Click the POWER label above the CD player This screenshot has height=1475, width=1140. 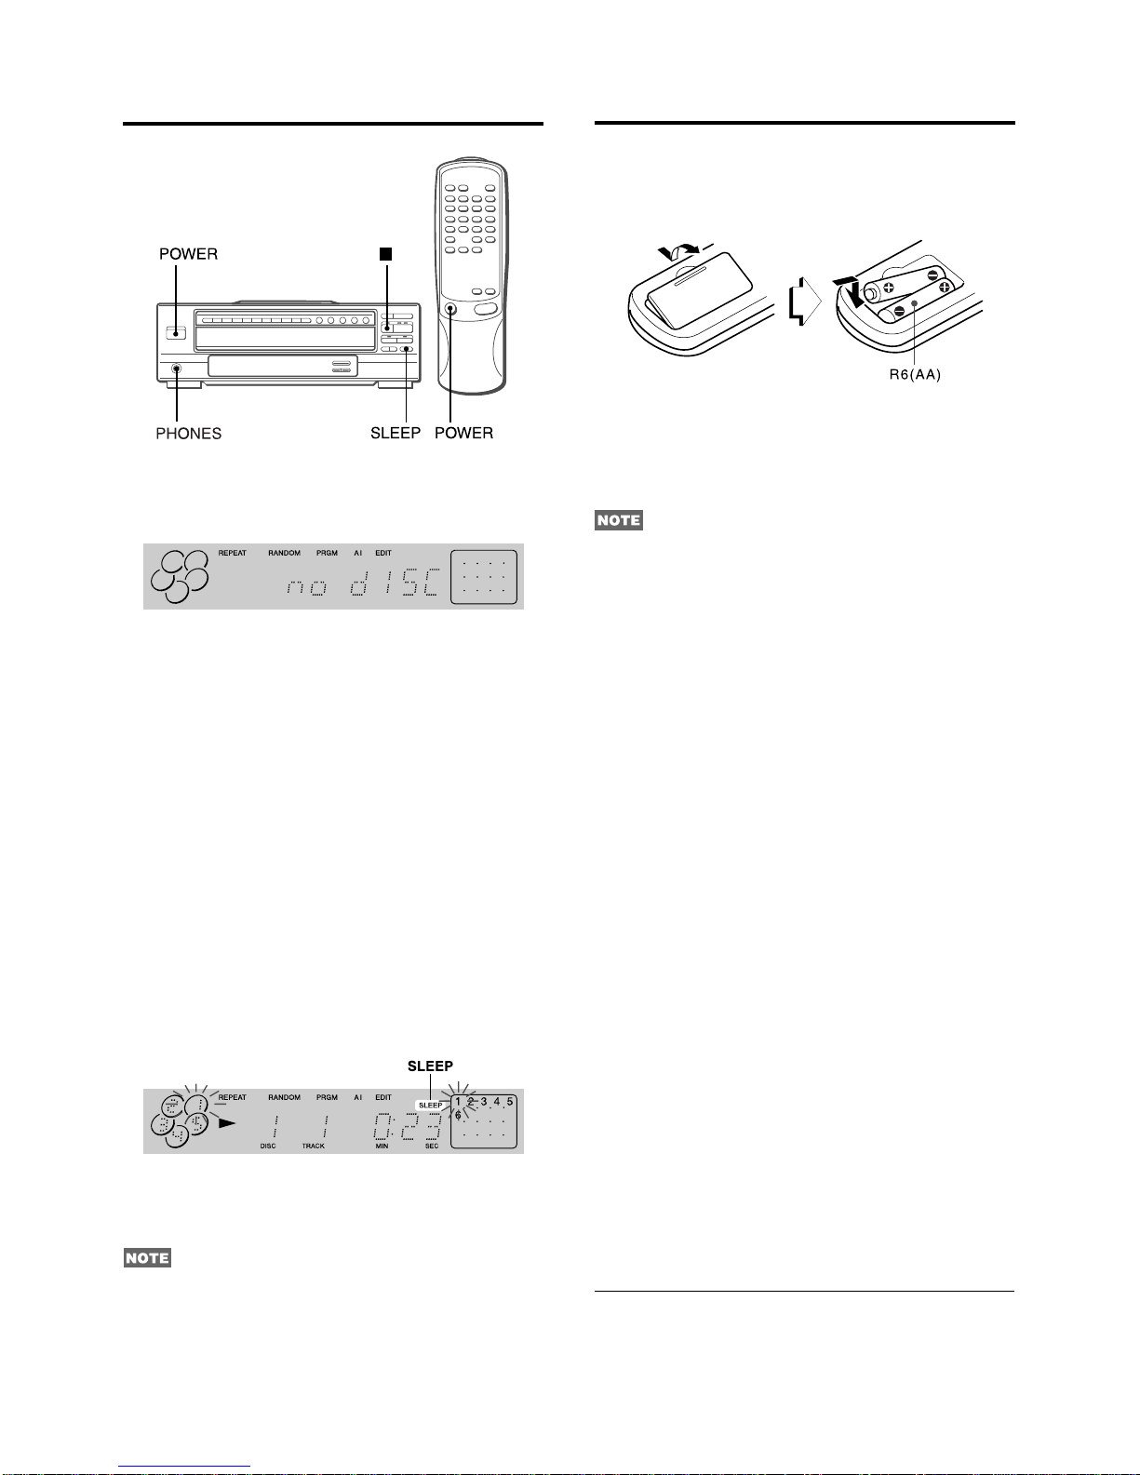pyautogui.click(x=188, y=254)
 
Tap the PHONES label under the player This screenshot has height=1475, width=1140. pyautogui.click(x=188, y=433)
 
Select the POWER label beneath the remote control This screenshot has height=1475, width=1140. pyautogui.click(x=463, y=433)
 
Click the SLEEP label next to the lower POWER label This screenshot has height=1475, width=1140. pyautogui.click(x=396, y=433)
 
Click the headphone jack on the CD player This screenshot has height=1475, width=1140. pyautogui.click(x=176, y=369)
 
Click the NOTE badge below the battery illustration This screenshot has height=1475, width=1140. pyautogui.click(x=619, y=519)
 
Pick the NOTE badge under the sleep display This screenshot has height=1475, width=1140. pyautogui.click(x=148, y=1258)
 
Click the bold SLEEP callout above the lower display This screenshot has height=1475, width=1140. pyautogui.click(x=430, y=1066)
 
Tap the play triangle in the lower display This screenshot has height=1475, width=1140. pyautogui.click(x=227, y=1122)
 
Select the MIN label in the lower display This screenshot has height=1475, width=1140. pyautogui.click(x=382, y=1146)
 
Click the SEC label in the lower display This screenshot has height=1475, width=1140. pyautogui.click(x=432, y=1146)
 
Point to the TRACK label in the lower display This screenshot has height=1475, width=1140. pyautogui.click(x=313, y=1146)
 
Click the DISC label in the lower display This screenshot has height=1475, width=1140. pyautogui.click(x=268, y=1146)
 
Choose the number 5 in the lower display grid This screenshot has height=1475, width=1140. pyautogui.click(x=510, y=1102)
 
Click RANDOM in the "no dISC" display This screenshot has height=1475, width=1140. pyautogui.click(x=284, y=553)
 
